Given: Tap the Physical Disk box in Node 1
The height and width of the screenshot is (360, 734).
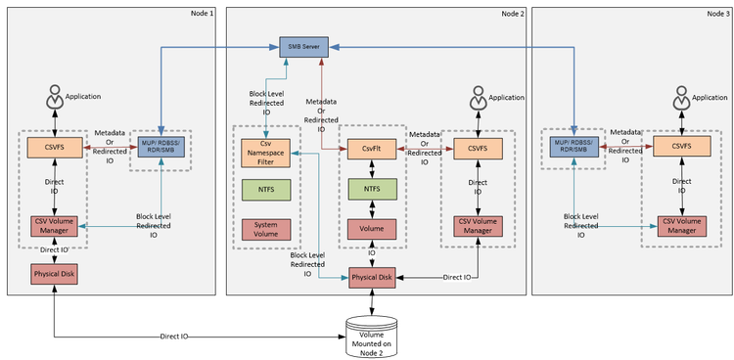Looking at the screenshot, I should [54, 274].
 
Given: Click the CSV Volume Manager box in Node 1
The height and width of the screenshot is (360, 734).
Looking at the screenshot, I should [54, 230].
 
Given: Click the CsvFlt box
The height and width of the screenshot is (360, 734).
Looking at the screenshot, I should [371, 149].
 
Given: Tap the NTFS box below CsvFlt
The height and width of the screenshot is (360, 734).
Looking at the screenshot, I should [371, 189].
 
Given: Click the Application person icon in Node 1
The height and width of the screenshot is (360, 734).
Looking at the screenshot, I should [54, 99].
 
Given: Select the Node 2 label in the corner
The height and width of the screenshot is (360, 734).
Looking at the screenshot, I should [513, 13].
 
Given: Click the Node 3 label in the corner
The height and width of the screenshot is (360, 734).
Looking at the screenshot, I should [716, 13].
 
